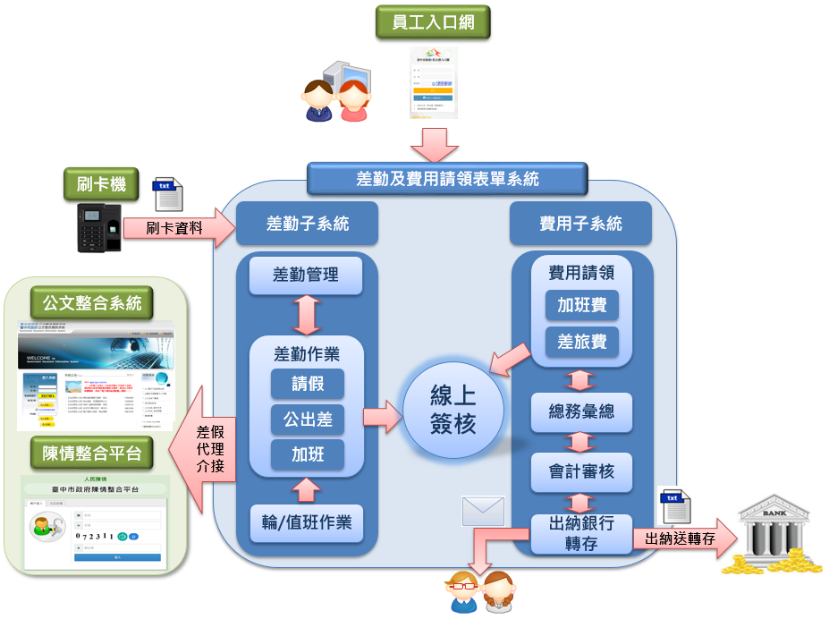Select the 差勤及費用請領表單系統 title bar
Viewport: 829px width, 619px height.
447,178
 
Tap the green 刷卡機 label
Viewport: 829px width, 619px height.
101,186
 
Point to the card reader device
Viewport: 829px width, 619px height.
98,228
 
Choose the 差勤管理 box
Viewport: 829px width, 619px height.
306,276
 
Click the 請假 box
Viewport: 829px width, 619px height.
308,384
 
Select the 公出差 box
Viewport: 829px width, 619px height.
308,419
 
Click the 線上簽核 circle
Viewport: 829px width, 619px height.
453,411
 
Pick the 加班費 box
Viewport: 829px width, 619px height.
582,305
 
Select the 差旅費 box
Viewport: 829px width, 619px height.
582,341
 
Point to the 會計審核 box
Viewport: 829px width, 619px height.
581,471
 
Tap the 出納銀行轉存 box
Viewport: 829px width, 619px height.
581,533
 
